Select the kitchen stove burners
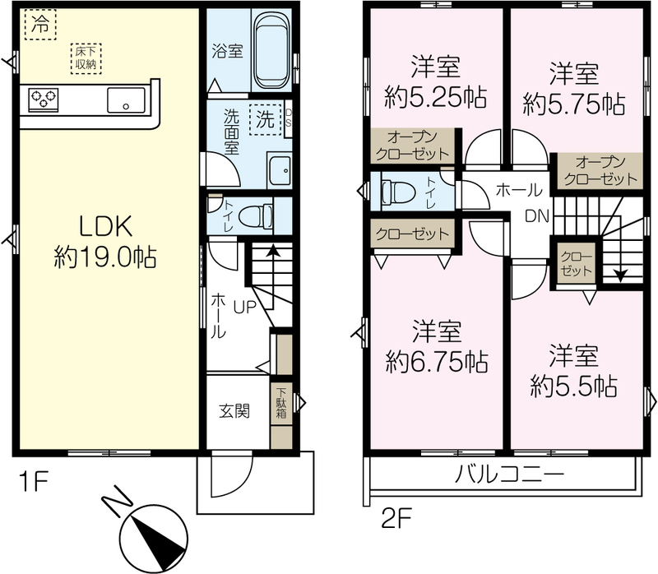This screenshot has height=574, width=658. click(44, 100)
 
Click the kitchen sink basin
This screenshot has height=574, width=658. click(126, 100)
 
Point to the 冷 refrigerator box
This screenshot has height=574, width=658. click(40, 25)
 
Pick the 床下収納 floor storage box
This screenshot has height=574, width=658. click(86, 58)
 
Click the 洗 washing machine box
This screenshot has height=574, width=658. click(265, 119)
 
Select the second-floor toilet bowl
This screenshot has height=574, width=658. click(398, 191)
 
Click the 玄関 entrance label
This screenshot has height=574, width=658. click(234, 411)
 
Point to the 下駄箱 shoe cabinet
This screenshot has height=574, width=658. click(281, 403)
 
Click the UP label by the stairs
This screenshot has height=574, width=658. click(244, 307)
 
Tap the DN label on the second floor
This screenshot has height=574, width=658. click(537, 216)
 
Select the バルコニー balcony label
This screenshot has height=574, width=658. click(509, 475)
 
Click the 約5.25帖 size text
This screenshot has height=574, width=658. click(436, 97)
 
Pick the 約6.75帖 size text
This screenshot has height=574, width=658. click(437, 362)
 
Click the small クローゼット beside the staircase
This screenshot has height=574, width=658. click(576, 264)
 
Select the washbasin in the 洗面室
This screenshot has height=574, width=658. click(279, 170)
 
